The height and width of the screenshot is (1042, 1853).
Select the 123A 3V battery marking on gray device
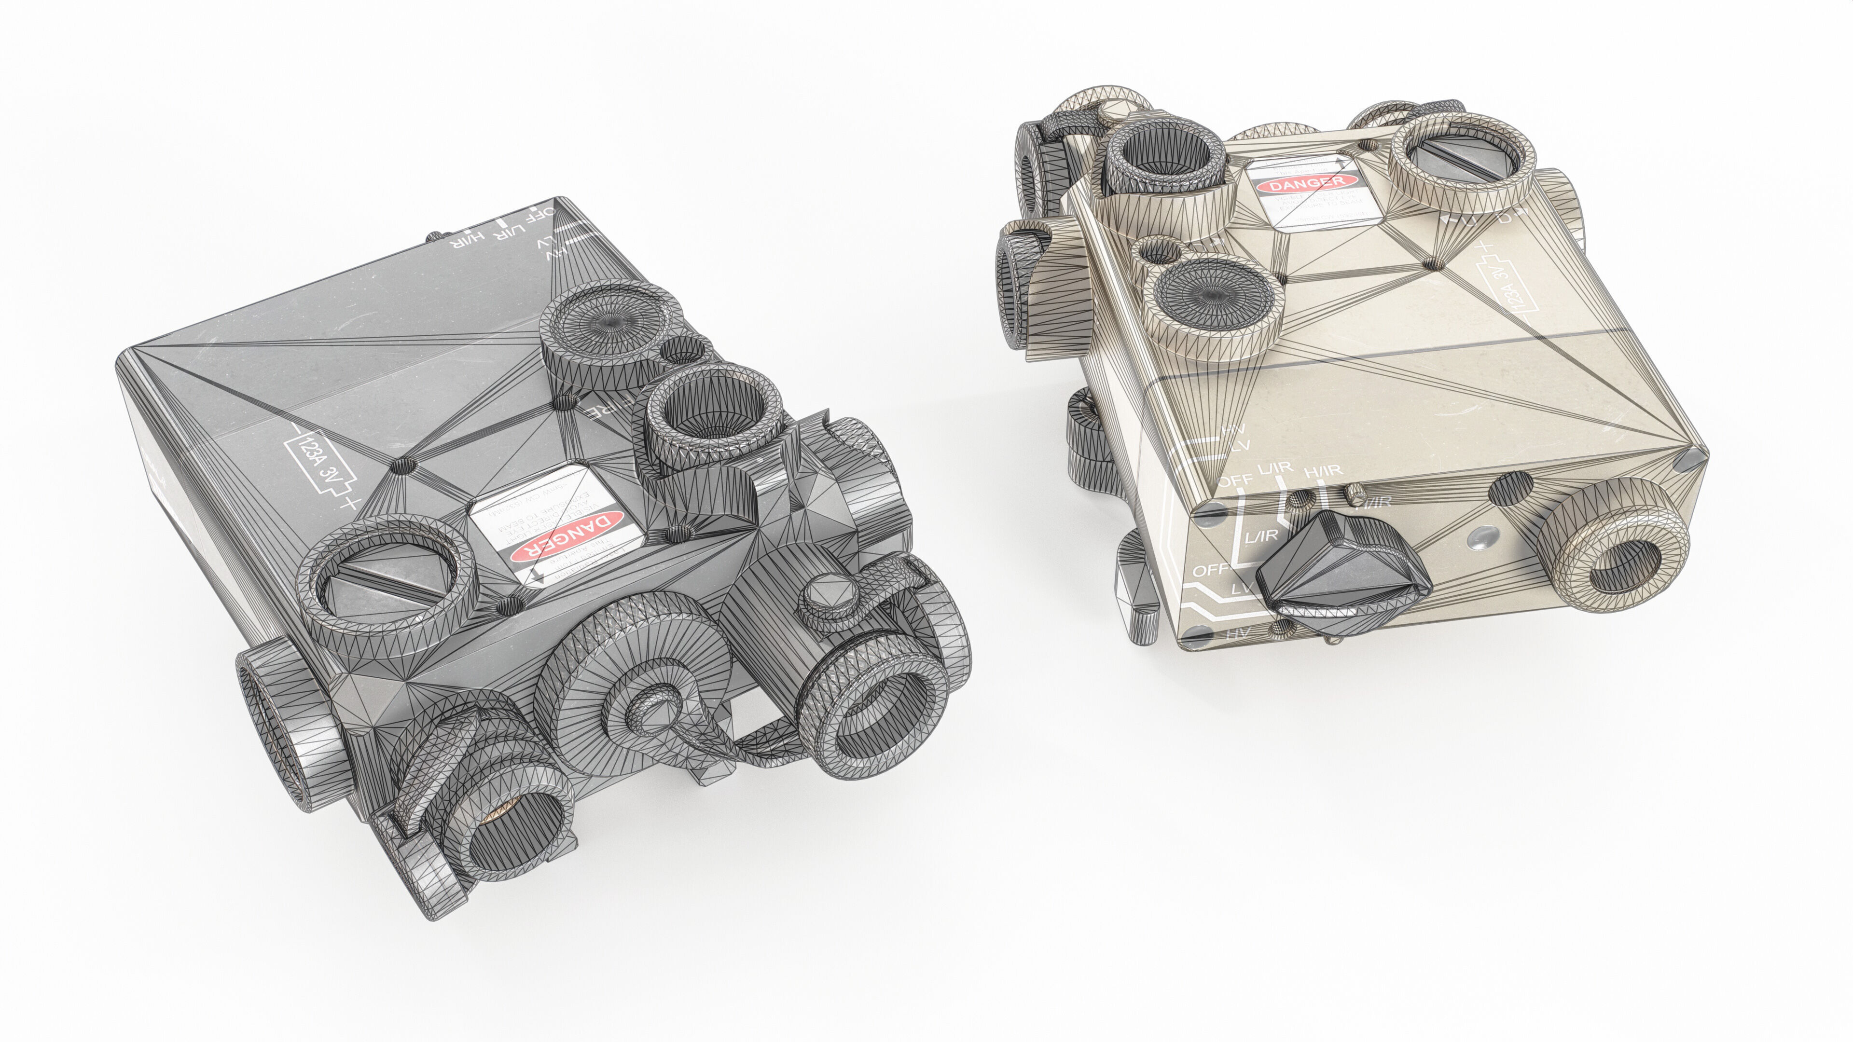click(x=320, y=464)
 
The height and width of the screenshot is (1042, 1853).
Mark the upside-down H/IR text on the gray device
click(x=465, y=239)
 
